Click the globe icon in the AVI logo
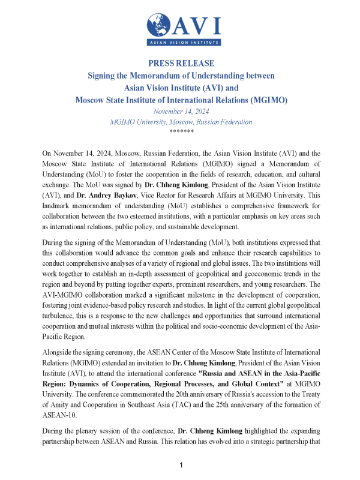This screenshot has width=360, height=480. (160, 25)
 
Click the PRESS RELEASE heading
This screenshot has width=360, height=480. (181, 64)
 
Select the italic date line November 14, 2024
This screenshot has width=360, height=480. (181, 112)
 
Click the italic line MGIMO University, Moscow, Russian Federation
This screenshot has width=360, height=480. (181, 122)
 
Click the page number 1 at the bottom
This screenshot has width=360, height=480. (181, 466)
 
